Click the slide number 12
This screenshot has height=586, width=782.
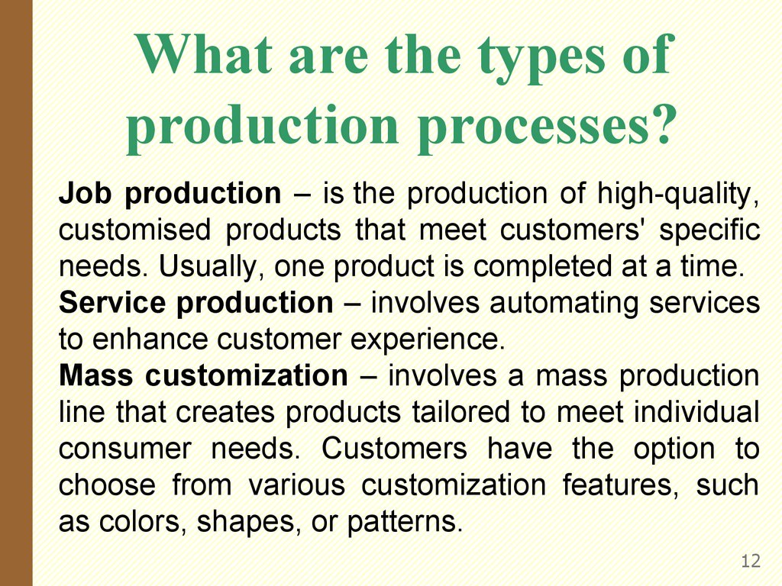751,562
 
